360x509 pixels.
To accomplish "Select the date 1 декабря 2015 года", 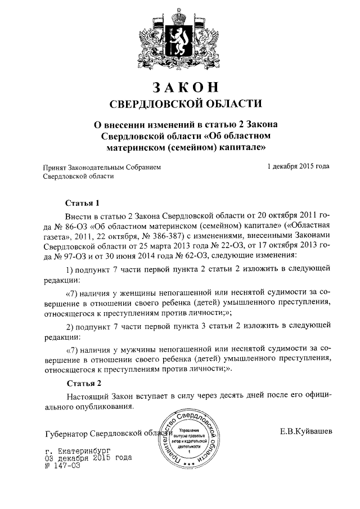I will [298, 166].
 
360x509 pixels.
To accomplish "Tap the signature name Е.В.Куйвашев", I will [306, 432].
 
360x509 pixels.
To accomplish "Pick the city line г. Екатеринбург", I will [76, 451].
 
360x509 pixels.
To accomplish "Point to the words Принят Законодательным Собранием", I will [102, 167].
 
